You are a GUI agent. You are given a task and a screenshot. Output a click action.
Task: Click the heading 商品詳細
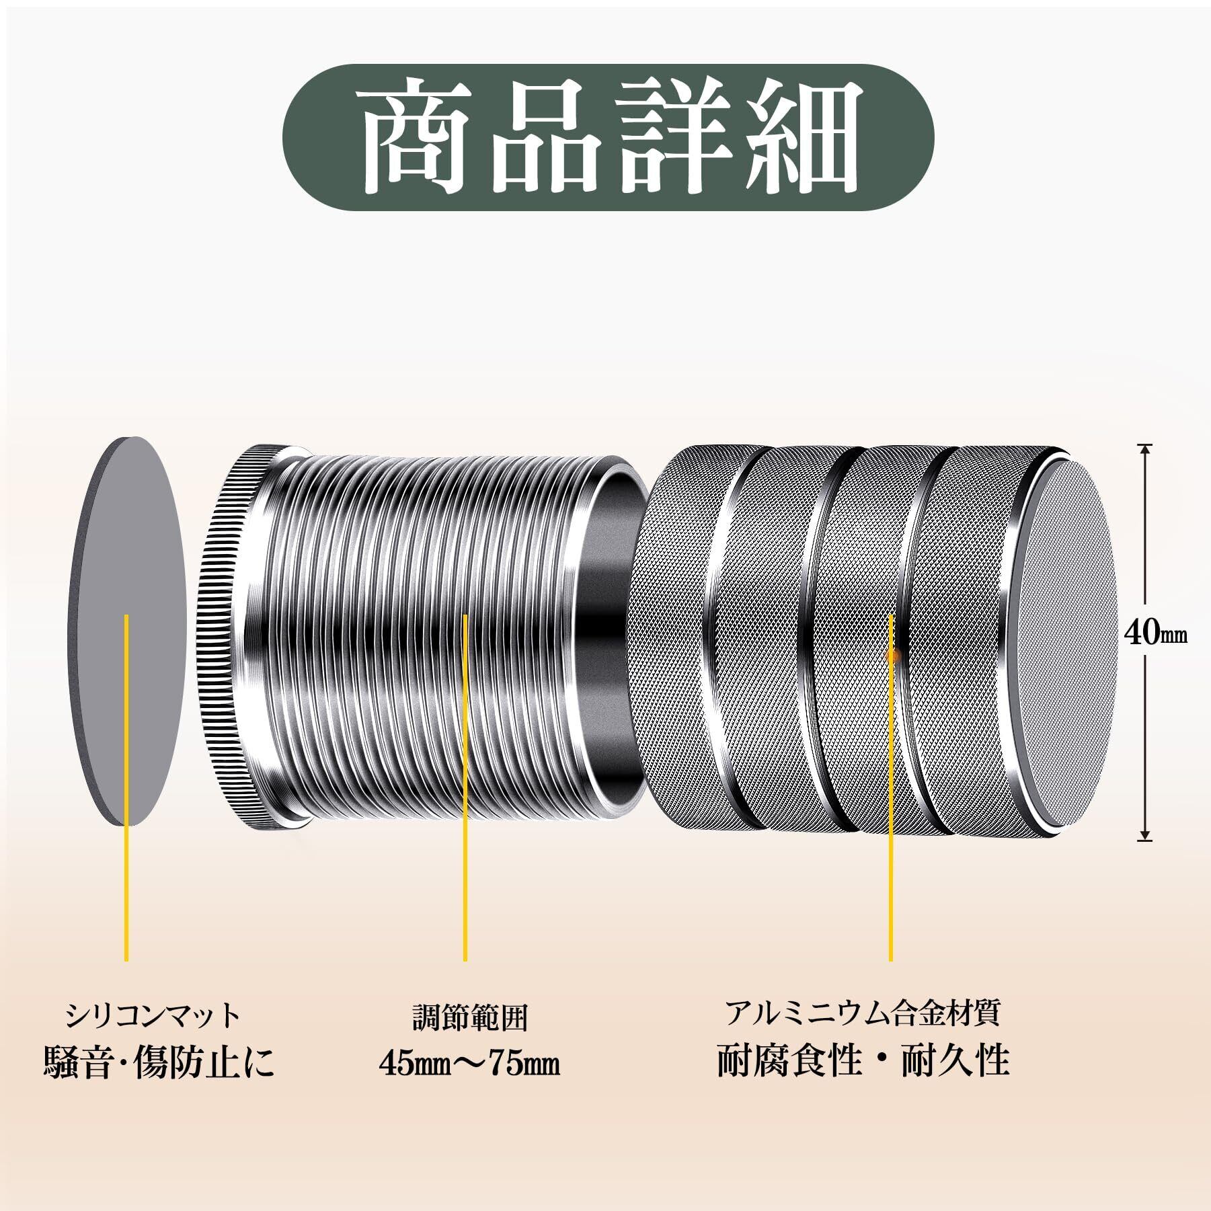[x=607, y=138]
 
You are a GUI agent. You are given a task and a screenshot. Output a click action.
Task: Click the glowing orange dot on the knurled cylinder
[x=892, y=652]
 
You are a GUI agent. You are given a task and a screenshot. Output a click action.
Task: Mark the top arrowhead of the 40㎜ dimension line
[x=1144, y=449]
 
